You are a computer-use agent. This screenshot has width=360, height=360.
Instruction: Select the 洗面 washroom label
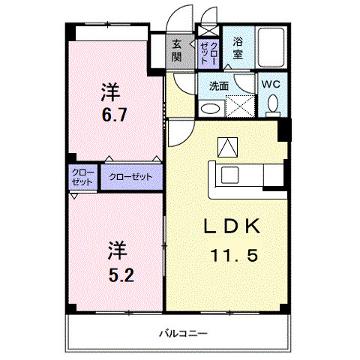(x=219, y=85)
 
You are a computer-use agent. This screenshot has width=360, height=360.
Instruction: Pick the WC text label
(x=271, y=85)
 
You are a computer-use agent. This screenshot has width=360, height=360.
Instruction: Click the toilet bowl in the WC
(x=271, y=104)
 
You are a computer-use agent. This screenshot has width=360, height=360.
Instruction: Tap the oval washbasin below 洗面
(x=212, y=108)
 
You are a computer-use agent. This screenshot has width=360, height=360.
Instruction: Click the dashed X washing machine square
(x=241, y=106)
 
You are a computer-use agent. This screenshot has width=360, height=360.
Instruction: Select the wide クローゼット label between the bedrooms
(x=130, y=177)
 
